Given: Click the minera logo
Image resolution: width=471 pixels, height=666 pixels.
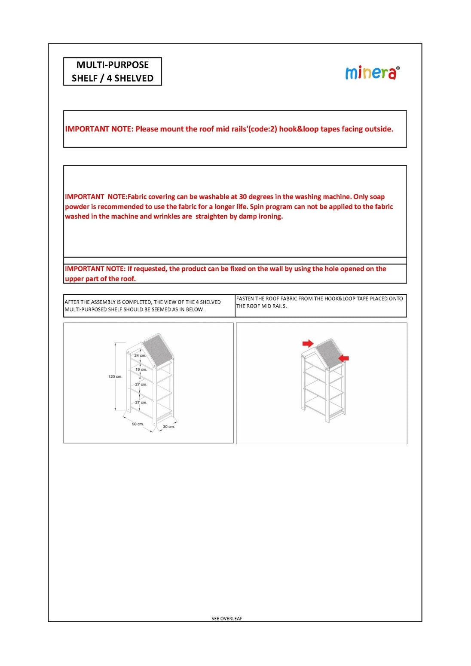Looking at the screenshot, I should [x=372, y=73].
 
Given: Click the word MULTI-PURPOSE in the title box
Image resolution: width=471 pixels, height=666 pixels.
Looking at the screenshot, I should [x=113, y=65].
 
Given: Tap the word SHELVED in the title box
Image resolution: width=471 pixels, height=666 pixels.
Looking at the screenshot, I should [x=134, y=78].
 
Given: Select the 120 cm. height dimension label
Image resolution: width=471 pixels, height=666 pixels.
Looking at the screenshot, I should [x=115, y=377].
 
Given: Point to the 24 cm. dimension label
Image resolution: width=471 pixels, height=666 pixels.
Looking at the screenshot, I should [x=140, y=356].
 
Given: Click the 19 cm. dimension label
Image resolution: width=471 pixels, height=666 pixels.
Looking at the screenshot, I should [x=141, y=370].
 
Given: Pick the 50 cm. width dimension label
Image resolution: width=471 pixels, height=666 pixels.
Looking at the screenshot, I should [x=138, y=424].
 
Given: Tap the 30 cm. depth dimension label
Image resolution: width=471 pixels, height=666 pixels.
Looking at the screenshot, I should [x=168, y=427].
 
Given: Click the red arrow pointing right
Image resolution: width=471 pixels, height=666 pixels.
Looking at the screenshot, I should [x=308, y=343].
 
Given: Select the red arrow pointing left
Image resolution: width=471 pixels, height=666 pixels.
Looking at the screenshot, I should [x=343, y=358].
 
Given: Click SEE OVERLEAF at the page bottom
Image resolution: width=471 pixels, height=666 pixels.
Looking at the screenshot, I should [x=226, y=619].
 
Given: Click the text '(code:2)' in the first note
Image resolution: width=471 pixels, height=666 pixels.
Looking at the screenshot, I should [x=263, y=129].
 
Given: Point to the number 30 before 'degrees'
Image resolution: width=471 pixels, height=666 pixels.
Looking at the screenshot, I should [x=243, y=197].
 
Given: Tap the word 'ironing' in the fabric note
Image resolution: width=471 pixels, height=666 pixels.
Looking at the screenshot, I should [x=270, y=217].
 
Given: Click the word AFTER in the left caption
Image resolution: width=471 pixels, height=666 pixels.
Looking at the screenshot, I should [x=72, y=302].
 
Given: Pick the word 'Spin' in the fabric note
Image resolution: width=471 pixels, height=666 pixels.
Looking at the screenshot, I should [x=257, y=207].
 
